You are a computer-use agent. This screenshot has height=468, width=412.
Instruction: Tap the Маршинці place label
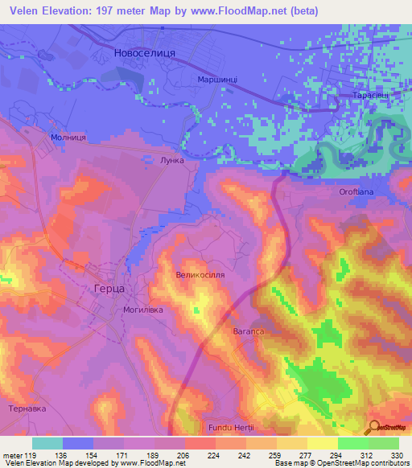(x=216, y=80)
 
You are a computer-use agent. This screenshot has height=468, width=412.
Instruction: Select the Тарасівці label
(x=371, y=96)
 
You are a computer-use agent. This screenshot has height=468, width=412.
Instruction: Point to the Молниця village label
(x=68, y=138)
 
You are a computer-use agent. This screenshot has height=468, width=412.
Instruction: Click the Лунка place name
(x=173, y=161)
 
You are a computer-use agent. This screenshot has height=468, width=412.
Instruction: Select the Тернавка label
(x=27, y=408)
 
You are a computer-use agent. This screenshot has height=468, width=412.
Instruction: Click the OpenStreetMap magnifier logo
(x=374, y=427)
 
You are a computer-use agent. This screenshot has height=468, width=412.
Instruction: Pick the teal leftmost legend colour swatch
(x=47, y=443)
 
